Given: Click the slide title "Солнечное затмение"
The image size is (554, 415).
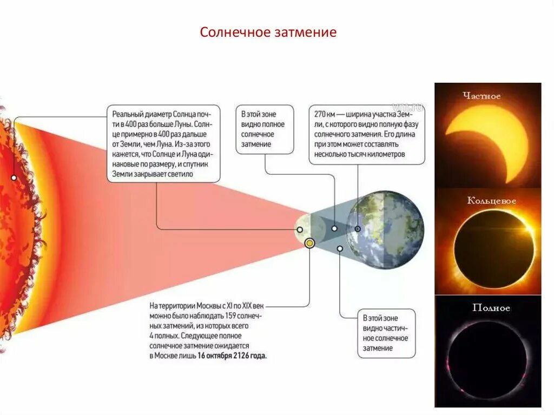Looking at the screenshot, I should (268, 32).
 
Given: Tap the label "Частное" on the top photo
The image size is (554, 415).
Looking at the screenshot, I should (482, 96).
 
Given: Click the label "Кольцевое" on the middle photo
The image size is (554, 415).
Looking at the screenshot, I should (491, 201).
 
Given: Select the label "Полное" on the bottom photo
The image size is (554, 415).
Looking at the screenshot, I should (491, 308).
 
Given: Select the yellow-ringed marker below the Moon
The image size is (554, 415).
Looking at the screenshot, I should (309, 243).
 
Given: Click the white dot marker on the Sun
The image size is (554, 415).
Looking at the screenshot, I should (14, 177).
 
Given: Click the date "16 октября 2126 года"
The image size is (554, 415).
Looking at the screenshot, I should (232, 356).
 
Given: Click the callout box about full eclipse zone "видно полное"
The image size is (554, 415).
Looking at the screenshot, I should (265, 129).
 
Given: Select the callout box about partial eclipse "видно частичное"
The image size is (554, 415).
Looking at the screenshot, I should (386, 333).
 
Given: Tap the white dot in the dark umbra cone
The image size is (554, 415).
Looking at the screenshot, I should (335, 229).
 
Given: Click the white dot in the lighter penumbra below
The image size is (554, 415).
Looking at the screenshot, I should (340, 249).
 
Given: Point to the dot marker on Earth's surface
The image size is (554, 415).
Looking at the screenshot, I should (358, 229).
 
